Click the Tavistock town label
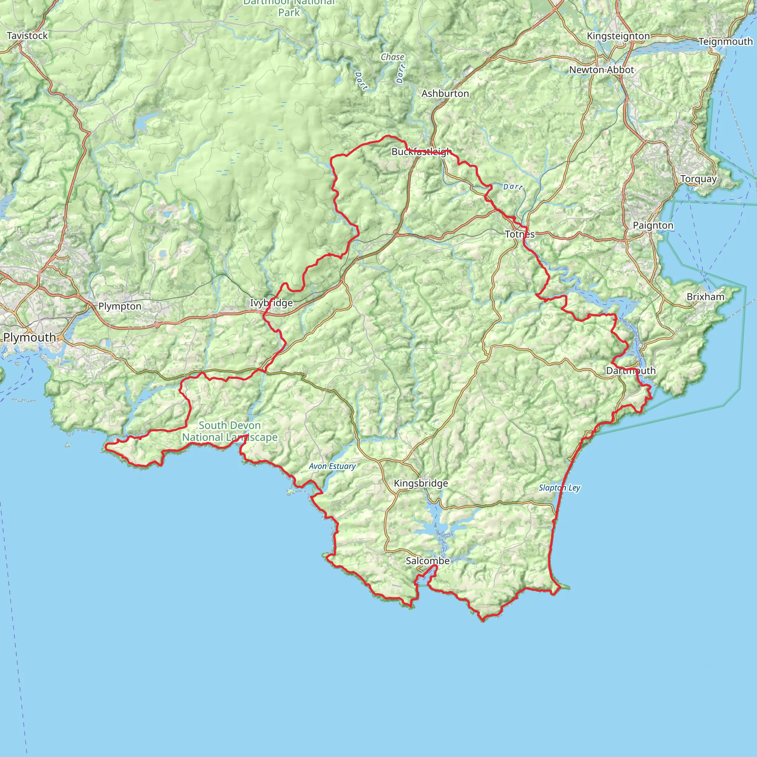(27, 35)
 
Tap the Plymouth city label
(30, 337)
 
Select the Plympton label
(120, 306)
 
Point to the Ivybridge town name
(272, 303)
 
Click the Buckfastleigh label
(422, 152)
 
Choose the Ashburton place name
(445, 94)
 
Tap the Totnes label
(520, 234)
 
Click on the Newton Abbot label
(601, 70)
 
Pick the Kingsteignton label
(618, 36)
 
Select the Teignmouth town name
(726, 41)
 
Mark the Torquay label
(699, 179)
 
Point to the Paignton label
(653, 225)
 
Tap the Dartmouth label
(631, 371)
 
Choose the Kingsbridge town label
(421, 483)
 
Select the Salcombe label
(428, 561)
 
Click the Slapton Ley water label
(559, 488)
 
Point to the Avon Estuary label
(332, 466)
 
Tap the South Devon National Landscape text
(230, 431)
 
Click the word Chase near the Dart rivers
(392, 57)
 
